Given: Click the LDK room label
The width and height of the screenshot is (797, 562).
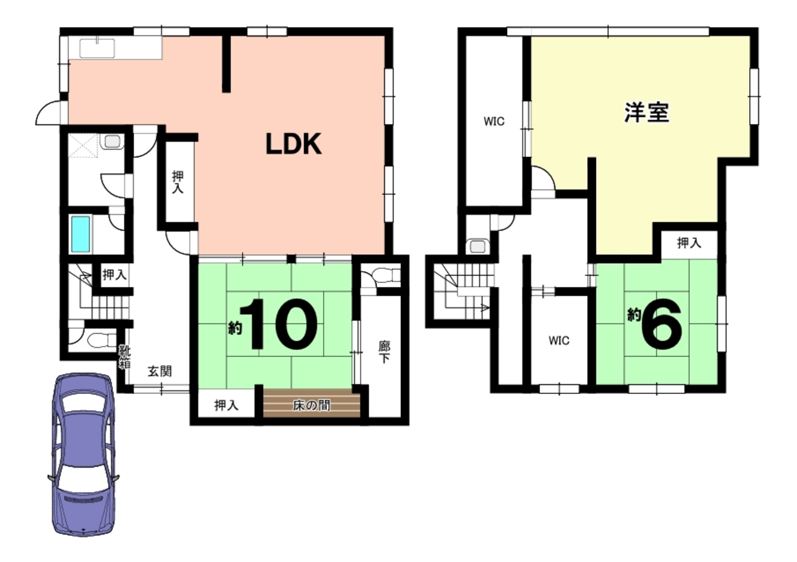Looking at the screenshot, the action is coord(294,144).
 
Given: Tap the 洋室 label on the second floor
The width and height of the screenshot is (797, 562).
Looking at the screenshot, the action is coord(647,112).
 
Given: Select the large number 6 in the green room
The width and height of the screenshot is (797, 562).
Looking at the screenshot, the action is coord(662,324).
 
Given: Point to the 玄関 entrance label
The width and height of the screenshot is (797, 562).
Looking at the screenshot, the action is coord(160,372).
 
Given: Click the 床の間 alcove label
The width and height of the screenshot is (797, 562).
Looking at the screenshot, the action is coord(311,405).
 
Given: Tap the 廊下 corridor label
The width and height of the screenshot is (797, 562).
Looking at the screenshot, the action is coord(384,352).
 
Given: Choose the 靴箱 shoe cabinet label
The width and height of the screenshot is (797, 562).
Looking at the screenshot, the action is coord(124,356).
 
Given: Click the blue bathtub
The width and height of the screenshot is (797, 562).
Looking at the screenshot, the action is coord(81,234).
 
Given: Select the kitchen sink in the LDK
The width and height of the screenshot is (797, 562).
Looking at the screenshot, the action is coord(97,48).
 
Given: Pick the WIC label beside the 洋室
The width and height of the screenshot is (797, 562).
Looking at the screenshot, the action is coord(494,121).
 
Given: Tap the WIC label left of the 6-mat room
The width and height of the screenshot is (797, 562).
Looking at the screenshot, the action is coord(559,341).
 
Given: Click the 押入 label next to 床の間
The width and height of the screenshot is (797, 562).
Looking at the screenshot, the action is coord(226,405).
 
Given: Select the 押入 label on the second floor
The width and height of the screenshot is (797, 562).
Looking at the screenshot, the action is coord(689,243).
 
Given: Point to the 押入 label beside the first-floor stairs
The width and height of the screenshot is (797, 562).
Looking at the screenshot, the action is coord(114,275).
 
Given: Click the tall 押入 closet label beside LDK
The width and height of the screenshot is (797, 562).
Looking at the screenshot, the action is coord(178,182).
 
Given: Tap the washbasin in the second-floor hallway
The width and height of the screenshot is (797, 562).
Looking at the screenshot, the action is coord(478,247).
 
